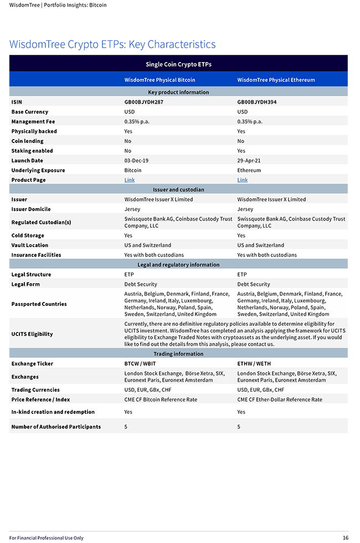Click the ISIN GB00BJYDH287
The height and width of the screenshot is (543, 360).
[143, 102]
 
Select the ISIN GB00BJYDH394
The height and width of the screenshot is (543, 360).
[256, 102]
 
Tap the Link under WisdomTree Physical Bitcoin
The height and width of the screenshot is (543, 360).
[129, 180]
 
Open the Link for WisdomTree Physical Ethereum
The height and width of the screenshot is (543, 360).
[242, 180]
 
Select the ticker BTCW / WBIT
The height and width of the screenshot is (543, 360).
[140, 363]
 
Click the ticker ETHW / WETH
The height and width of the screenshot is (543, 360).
[254, 363]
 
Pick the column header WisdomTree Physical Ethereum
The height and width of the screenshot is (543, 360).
[276, 80]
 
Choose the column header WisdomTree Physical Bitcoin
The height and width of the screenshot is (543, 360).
[160, 80]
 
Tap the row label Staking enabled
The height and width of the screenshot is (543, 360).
[32, 151]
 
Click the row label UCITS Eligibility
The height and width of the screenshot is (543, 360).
[32, 334]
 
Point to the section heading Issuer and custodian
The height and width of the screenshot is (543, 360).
[178, 189]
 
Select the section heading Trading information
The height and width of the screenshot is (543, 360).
[178, 354]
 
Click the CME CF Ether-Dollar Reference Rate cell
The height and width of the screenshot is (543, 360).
[279, 399]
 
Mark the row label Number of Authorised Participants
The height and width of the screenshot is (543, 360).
[56, 427]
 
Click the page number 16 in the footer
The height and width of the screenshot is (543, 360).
[345, 537]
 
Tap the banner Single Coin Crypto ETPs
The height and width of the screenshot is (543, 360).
[178, 64]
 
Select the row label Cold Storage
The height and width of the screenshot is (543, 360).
[28, 235]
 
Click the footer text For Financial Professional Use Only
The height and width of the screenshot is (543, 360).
[46, 537]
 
